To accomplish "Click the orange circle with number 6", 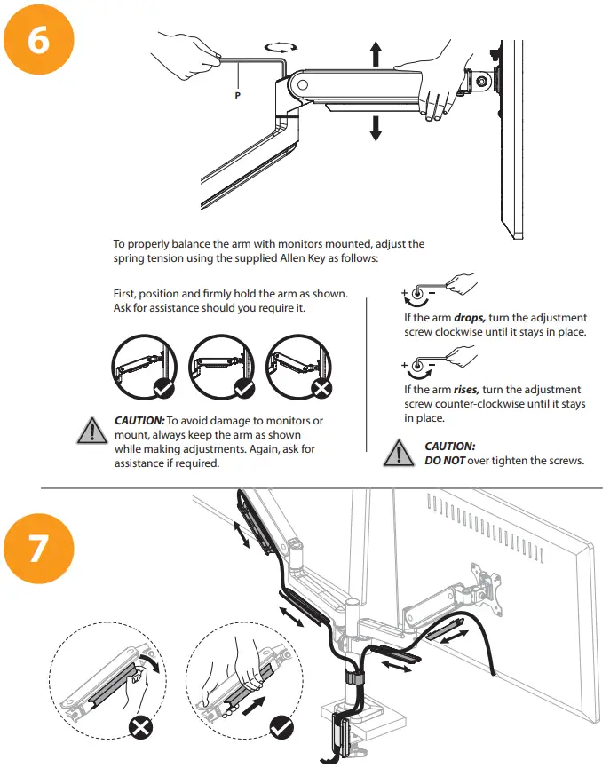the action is [39, 40].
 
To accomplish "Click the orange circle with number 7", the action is [39, 548].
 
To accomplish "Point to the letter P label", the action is [238, 96].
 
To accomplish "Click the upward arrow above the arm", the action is [376, 53].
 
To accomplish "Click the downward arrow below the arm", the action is [376, 129].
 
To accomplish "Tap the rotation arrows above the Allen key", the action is [281, 47].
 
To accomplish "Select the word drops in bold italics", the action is [470, 317].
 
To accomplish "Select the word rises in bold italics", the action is [466, 390].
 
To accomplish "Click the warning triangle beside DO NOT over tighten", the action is [399, 453].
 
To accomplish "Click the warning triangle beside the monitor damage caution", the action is [92, 431].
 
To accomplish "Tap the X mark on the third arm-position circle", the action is [321, 388].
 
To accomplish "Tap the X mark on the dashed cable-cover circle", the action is [140, 727].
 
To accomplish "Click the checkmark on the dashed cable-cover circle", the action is [281, 727].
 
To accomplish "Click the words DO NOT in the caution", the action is [444, 461].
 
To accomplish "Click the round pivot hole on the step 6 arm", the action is [303, 84].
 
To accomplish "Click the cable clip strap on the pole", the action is [353, 678].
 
